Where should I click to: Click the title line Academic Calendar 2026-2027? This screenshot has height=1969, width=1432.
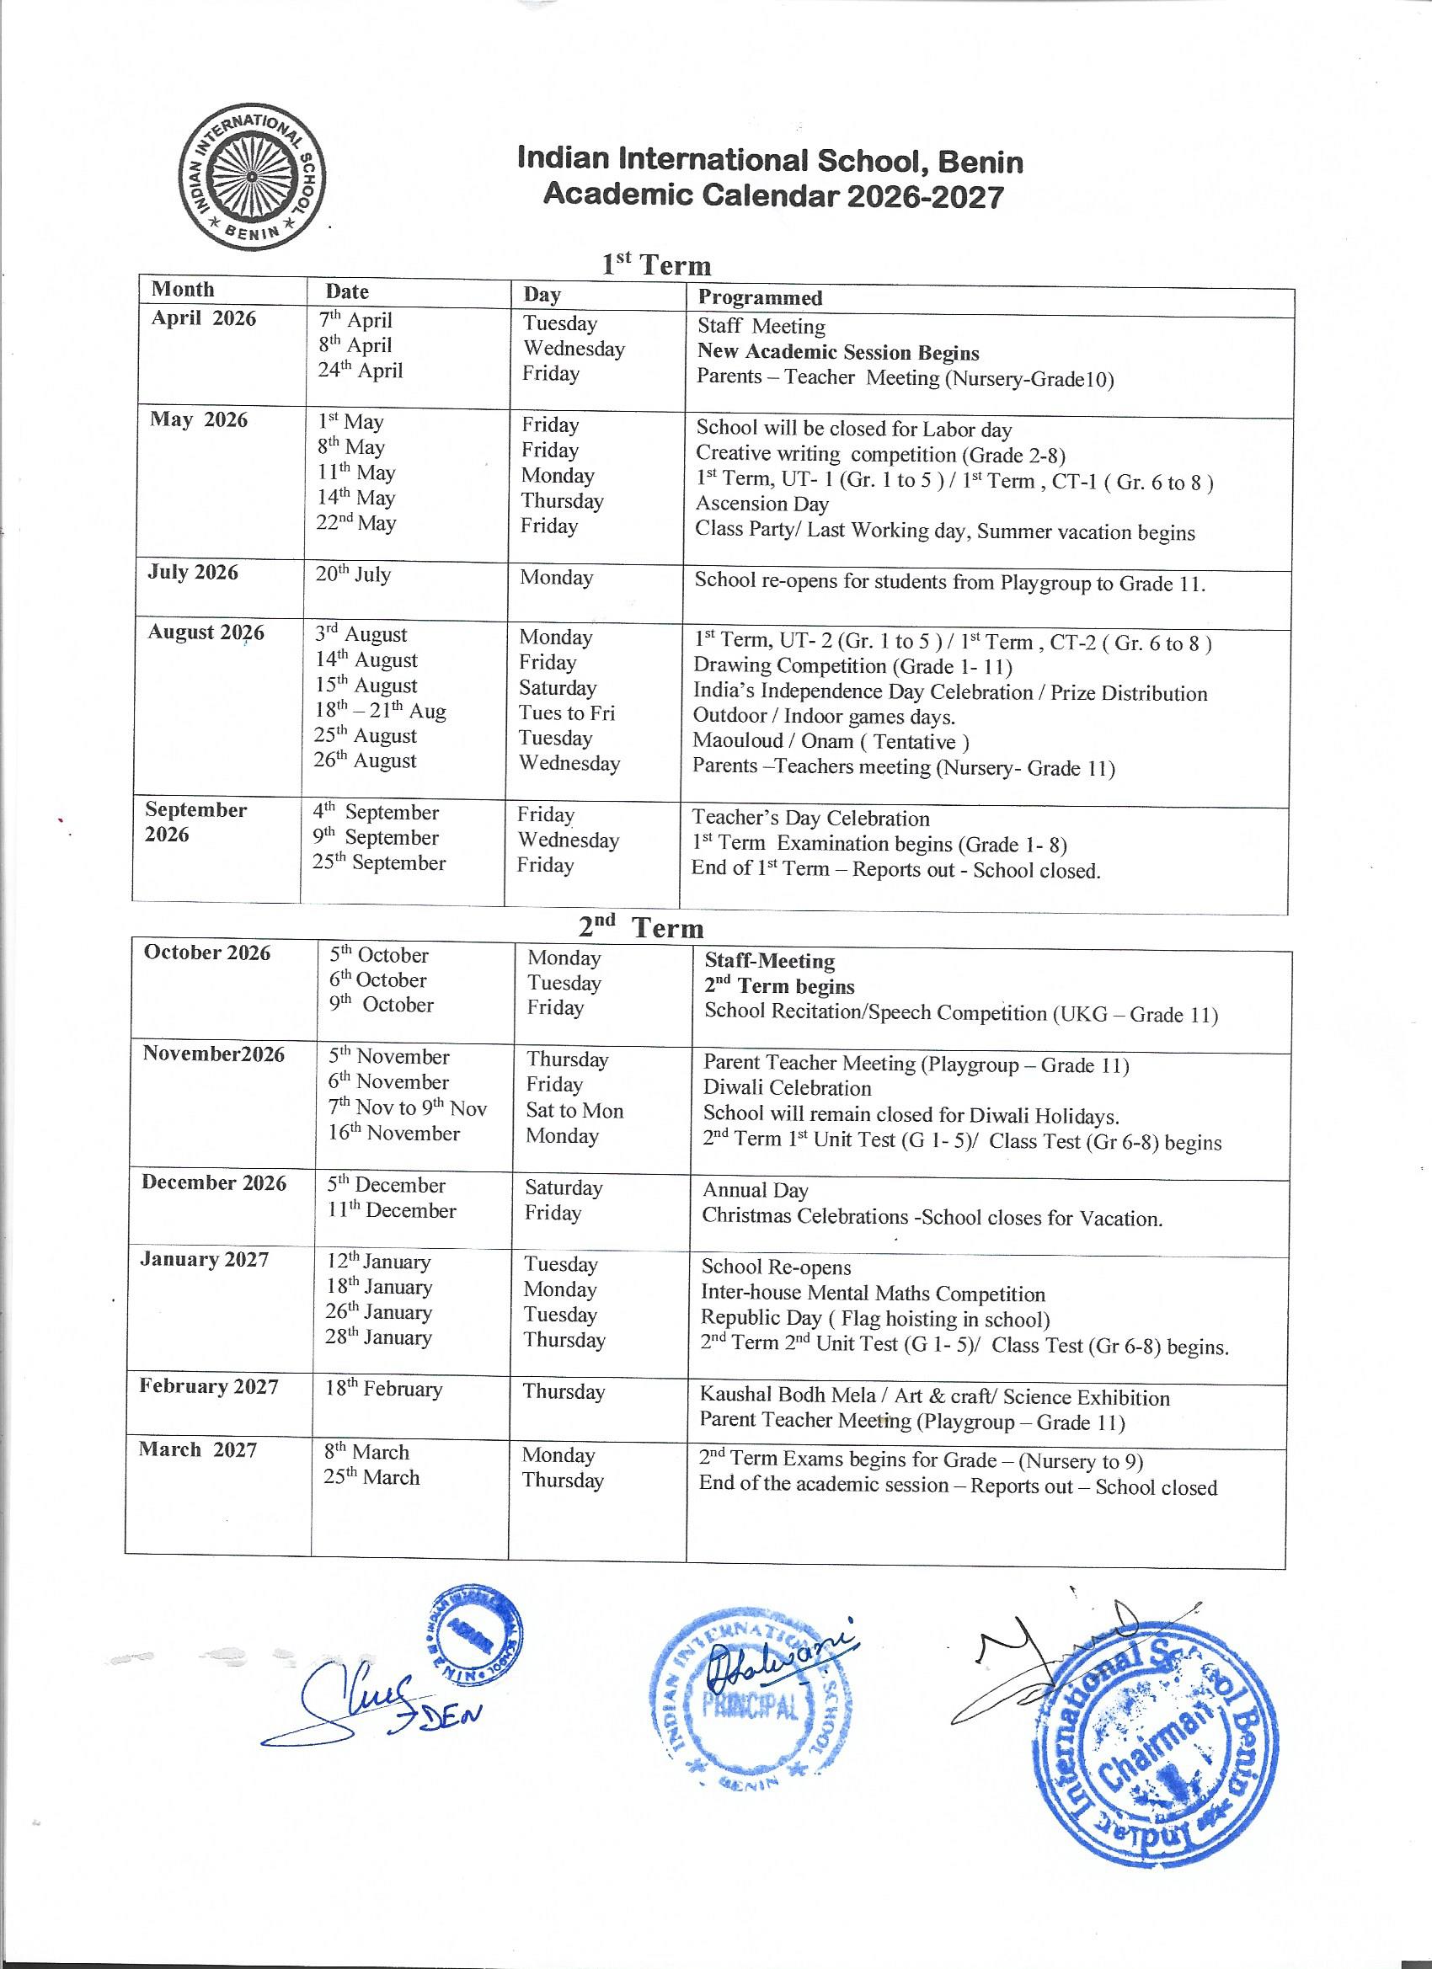(x=773, y=196)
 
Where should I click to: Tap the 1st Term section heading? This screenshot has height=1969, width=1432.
(x=656, y=264)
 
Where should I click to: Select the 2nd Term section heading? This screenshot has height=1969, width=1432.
(x=641, y=927)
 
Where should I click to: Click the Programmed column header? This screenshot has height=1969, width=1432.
(x=760, y=298)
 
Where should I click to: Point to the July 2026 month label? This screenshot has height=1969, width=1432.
(x=192, y=572)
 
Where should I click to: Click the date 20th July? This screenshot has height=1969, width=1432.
(x=353, y=574)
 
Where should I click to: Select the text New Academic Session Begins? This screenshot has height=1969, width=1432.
(x=838, y=353)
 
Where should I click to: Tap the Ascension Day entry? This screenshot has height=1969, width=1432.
(x=761, y=504)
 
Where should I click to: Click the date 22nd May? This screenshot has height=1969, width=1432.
(x=355, y=524)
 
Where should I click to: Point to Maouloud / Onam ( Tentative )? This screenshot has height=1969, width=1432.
(x=831, y=741)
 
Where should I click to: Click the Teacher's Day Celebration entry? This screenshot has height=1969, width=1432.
(x=810, y=818)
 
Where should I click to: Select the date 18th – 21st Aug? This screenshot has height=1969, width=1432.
(x=380, y=711)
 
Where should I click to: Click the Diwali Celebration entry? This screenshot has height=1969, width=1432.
(x=787, y=1088)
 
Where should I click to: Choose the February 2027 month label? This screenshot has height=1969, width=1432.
(x=208, y=1386)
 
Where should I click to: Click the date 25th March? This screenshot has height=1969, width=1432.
(x=371, y=1477)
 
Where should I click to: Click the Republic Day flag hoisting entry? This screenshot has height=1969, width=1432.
(x=875, y=1319)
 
